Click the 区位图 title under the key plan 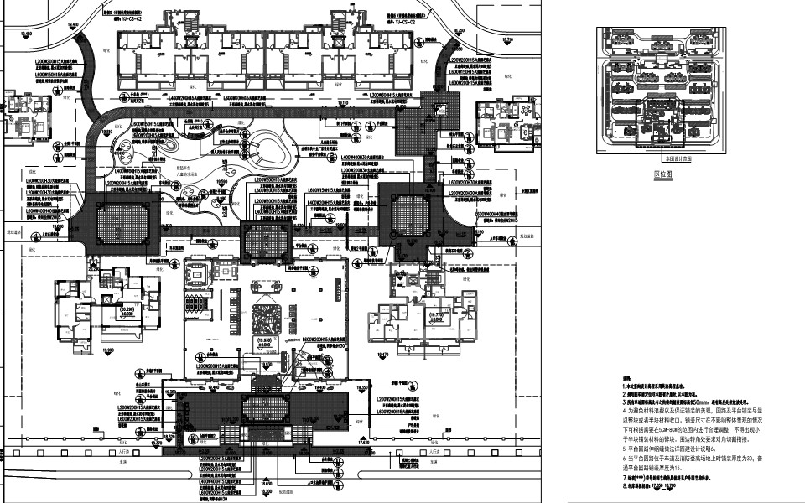pyautogui.click(x=664, y=174)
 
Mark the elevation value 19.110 pyautogui.click(x=342, y=103)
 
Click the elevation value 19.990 pyautogui.click(x=106, y=350)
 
